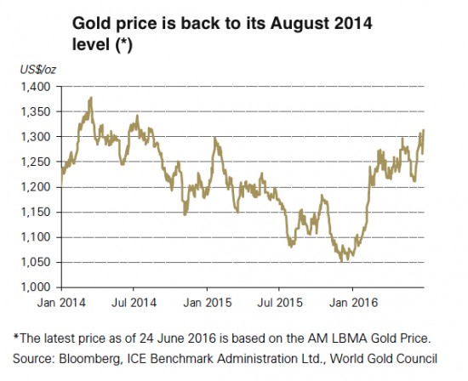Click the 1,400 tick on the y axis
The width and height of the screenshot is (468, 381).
[x=40, y=88]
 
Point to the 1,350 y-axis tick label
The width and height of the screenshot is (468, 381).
[x=40, y=112]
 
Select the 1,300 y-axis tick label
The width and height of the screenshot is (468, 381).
[x=40, y=137]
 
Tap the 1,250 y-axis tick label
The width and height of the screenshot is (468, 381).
[x=40, y=162]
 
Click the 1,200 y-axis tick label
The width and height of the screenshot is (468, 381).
[x=40, y=187]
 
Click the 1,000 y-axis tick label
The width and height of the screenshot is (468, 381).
[x=40, y=287]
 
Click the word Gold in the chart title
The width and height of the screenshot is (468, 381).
[x=91, y=22]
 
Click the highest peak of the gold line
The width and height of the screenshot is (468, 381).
[x=90, y=99]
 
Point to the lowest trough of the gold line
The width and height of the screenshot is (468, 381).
[x=344, y=260]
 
